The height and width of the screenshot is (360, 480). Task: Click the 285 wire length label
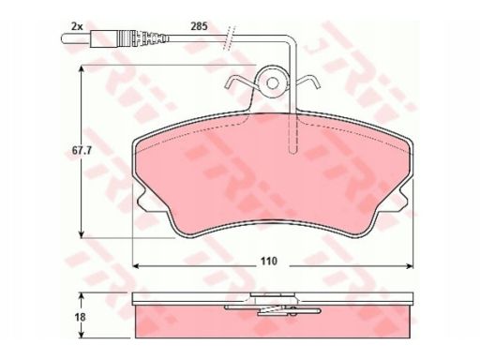pos(199,26)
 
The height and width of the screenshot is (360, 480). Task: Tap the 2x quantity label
pos(77,26)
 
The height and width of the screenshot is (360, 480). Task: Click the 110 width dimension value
pos(269,261)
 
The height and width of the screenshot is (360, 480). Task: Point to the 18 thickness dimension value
pos(81,317)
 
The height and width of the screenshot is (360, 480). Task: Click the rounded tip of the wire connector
pos(63,38)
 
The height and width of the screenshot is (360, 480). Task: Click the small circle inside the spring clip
pos(273,82)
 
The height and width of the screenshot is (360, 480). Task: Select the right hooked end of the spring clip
pos(316,82)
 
